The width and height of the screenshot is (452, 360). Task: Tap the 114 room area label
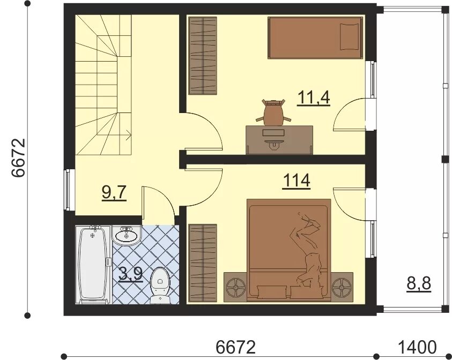[x=297, y=181]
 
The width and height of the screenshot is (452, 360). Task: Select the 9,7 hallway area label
[x=114, y=192]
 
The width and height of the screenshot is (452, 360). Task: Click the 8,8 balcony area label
[x=419, y=284]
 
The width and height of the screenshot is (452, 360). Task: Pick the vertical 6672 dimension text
[x=19, y=158]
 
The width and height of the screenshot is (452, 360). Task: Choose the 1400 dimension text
[x=417, y=347]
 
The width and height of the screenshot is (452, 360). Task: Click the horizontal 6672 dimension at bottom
[x=235, y=347]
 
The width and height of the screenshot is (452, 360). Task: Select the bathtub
[x=93, y=265]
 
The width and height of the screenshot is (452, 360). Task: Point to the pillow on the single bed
[x=350, y=37]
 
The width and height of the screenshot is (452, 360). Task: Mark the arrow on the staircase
[x=128, y=135]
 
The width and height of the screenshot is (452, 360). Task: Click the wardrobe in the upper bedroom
[x=203, y=56]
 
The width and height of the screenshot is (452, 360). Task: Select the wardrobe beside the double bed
[x=202, y=263]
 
